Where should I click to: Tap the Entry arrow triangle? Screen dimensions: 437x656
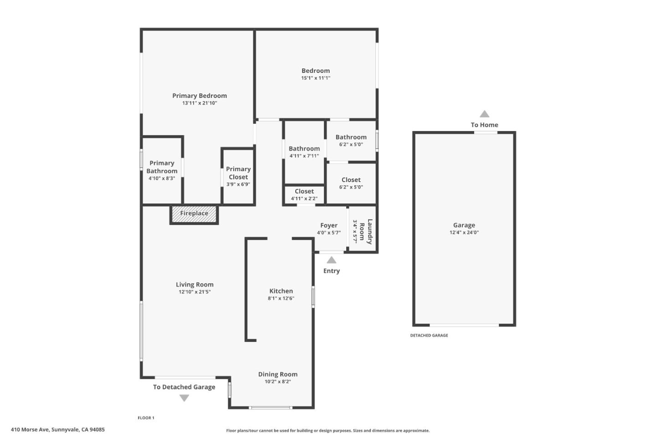pyautogui.click(x=331, y=260)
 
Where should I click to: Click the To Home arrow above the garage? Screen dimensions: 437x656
pyautogui.click(x=484, y=114)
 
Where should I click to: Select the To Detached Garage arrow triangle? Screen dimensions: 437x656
pyautogui.click(x=184, y=398)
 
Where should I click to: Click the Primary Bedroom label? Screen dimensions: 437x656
pyautogui.click(x=200, y=96)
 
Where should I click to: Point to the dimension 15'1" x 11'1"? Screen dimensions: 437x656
pyautogui.click(x=316, y=78)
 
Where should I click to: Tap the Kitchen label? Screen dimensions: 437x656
pyautogui.click(x=281, y=291)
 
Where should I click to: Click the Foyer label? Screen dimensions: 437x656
pyautogui.click(x=328, y=225)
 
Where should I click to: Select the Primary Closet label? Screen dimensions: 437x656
pyautogui.click(x=238, y=173)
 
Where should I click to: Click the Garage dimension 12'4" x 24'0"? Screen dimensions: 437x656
pyautogui.click(x=464, y=232)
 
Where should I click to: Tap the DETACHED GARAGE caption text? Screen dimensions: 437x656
pyautogui.click(x=429, y=335)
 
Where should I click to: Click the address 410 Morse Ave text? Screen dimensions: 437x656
pyautogui.click(x=58, y=429)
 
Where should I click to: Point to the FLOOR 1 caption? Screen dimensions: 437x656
pyautogui.click(x=146, y=418)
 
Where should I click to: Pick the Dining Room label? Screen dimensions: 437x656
pyautogui.click(x=277, y=374)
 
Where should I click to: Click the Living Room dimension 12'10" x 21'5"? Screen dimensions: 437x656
pyautogui.click(x=195, y=292)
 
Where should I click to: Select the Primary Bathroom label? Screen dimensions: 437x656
pyautogui.click(x=162, y=167)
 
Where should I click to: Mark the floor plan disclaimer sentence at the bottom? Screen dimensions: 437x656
pyautogui.click(x=328, y=431)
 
